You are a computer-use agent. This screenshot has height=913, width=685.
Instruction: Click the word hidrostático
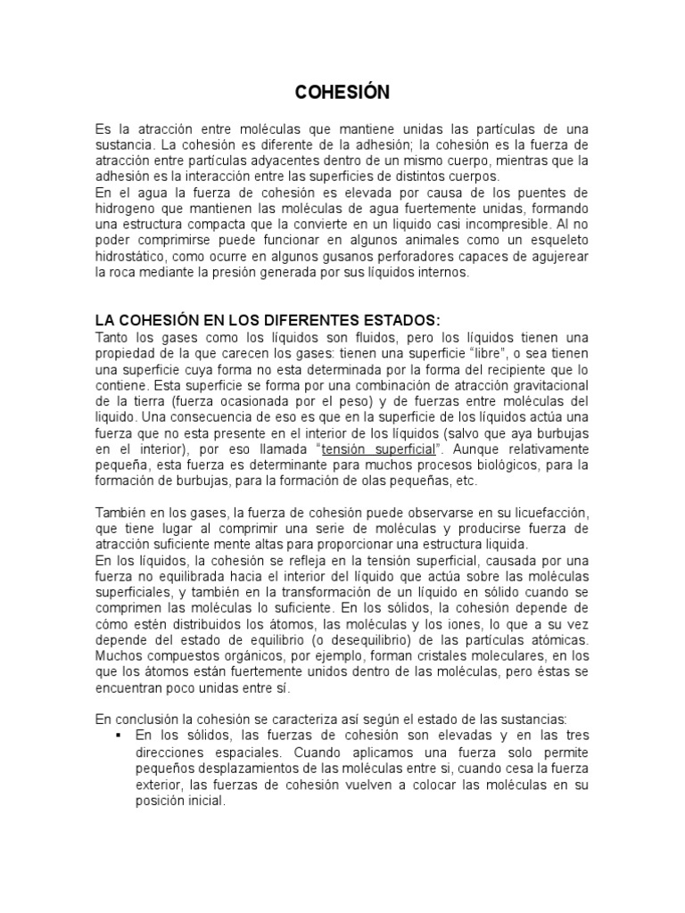132,259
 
